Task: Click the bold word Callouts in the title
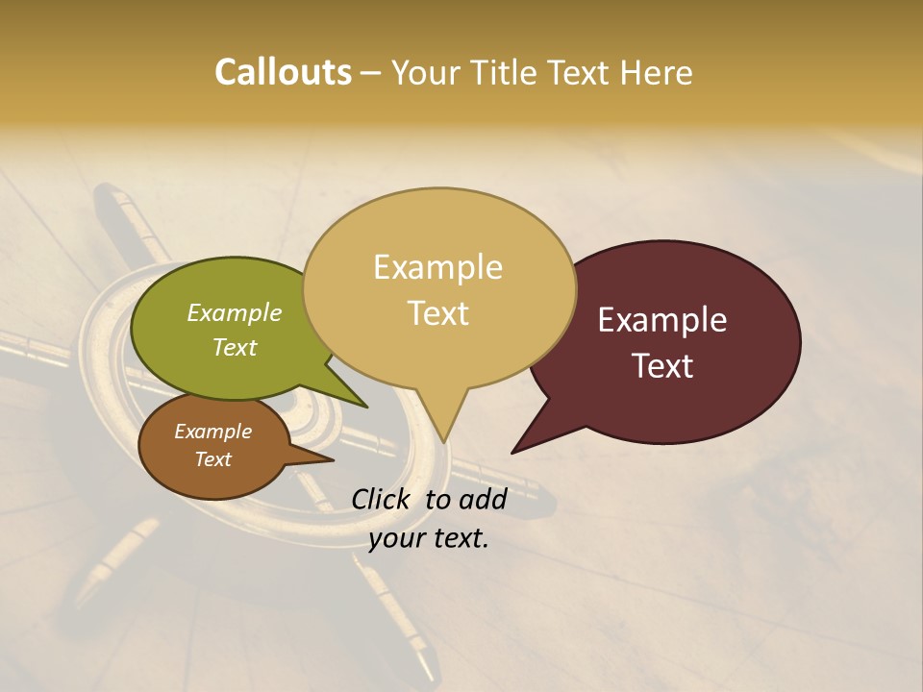tap(283, 72)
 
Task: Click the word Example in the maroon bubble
tap(662, 320)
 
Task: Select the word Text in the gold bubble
tap(438, 313)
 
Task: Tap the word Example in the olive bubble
tap(234, 312)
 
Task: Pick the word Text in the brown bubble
tap(212, 459)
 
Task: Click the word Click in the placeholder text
tap(382, 499)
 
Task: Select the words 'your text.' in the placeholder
tap(429, 538)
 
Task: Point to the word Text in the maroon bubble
tap(662, 366)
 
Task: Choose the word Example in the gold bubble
tap(437, 267)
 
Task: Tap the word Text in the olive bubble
tap(234, 347)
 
